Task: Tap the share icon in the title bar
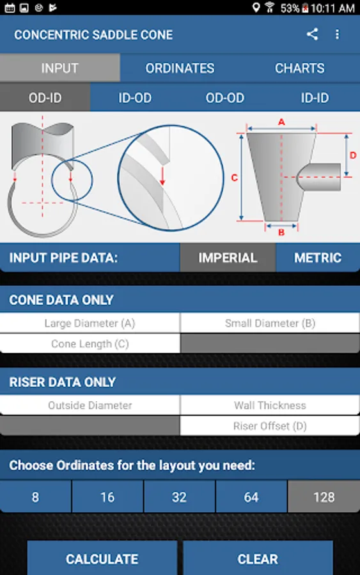pyautogui.click(x=312, y=34)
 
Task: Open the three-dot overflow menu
pyautogui.click(x=337, y=34)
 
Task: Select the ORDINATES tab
pyautogui.click(x=180, y=68)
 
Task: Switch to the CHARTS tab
pyautogui.click(x=299, y=68)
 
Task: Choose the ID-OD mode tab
pyautogui.click(x=135, y=98)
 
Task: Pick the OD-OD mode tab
pyautogui.click(x=224, y=98)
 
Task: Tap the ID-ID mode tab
pyautogui.click(x=315, y=98)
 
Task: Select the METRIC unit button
pyautogui.click(x=318, y=258)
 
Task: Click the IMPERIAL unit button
pyautogui.click(x=228, y=258)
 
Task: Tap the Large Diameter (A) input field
pyautogui.click(x=90, y=323)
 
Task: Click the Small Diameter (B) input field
pyautogui.click(x=270, y=323)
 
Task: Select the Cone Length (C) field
pyautogui.click(x=90, y=344)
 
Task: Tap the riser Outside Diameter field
pyautogui.click(x=90, y=405)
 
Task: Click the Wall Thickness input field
pyautogui.click(x=270, y=405)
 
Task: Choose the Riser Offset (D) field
pyautogui.click(x=270, y=425)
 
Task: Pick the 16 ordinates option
pyautogui.click(x=107, y=497)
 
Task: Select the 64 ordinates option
pyautogui.click(x=251, y=497)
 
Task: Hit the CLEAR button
pyautogui.click(x=258, y=558)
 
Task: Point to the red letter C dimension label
pyautogui.click(x=235, y=178)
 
